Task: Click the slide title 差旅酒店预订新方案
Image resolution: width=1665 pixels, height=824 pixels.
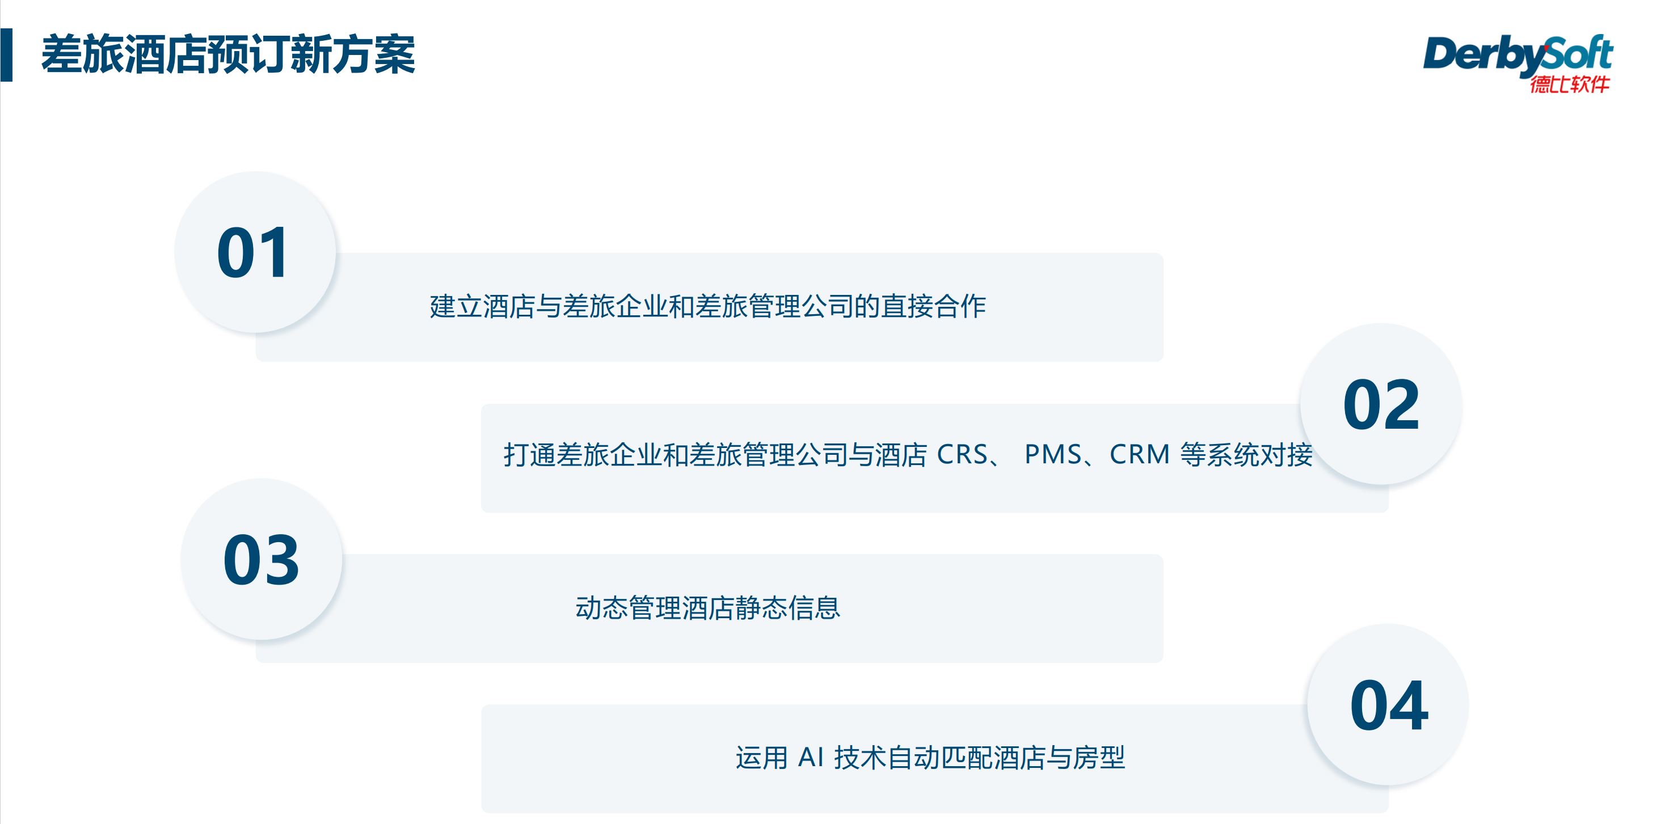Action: pyautogui.click(x=227, y=55)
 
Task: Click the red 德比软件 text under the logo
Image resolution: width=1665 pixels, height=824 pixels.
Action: pyautogui.click(x=1569, y=84)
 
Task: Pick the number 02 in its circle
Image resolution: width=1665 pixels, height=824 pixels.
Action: pyautogui.click(x=1381, y=405)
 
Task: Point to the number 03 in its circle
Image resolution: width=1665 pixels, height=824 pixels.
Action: pyautogui.click(x=261, y=560)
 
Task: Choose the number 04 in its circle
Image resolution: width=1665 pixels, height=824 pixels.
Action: pyautogui.click(x=1388, y=705)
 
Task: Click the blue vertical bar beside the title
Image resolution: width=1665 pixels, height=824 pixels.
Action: pyautogui.click(x=6, y=55)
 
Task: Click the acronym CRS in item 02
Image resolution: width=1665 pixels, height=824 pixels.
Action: pyautogui.click(x=962, y=454)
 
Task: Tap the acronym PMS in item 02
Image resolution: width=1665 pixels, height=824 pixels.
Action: pyautogui.click(x=1052, y=454)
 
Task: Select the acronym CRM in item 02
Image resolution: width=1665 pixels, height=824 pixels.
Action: pyautogui.click(x=1139, y=454)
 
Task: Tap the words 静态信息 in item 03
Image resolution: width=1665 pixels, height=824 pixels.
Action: pyautogui.click(x=787, y=608)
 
